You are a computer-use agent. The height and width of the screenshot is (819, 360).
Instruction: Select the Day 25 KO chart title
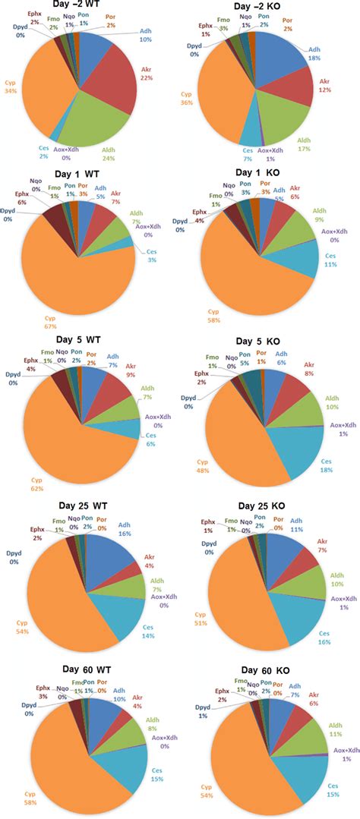pos(264,506)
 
